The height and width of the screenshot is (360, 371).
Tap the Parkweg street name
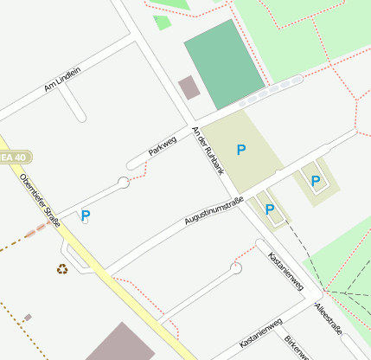point(162,146)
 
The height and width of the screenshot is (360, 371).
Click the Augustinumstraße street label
point(214,210)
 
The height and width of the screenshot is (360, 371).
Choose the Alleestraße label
point(329,319)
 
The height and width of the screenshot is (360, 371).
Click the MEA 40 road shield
point(16,157)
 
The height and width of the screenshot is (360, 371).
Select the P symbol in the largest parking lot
point(241,150)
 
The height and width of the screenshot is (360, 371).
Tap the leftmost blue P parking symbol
point(86,215)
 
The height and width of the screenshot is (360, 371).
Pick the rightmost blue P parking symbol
point(316,181)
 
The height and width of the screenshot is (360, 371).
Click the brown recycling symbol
point(62,269)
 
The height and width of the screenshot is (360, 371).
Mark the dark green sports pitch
point(224,63)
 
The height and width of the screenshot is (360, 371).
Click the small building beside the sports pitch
point(188,87)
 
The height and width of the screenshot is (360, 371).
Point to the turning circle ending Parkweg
point(124,182)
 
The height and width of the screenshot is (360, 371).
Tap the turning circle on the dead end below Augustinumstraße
point(235,268)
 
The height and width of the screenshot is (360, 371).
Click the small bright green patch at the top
point(162,22)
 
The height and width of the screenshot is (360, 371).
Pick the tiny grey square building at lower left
point(28,318)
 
